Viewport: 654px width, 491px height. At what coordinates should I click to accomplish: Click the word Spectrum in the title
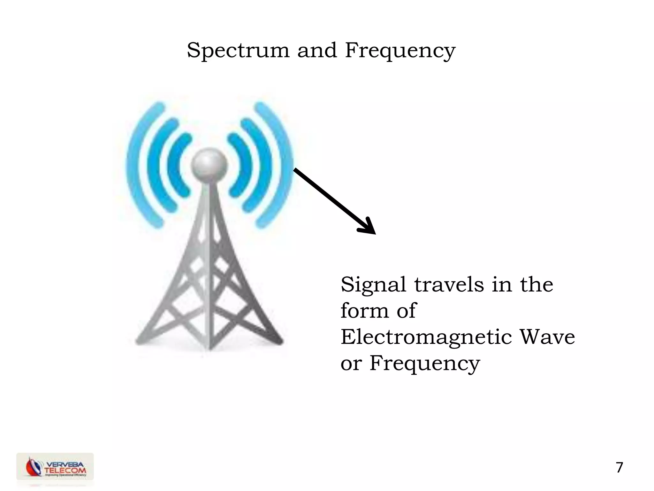click(238, 51)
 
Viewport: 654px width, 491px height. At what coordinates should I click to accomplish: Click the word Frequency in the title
click(400, 51)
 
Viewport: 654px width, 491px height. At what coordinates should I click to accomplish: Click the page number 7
click(619, 468)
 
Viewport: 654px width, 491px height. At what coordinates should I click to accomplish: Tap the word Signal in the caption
click(373, 285)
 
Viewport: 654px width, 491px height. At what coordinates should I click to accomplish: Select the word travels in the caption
click(449, 284)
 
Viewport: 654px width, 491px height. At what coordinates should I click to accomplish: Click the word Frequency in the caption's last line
click(425, 364)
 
